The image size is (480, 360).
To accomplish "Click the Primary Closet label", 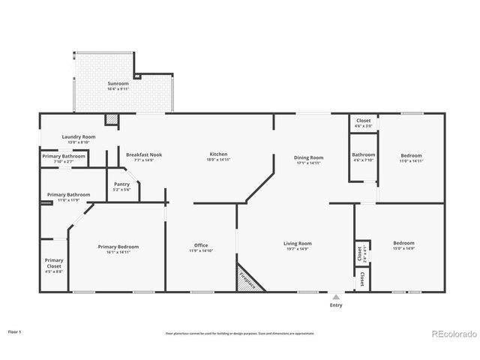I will point(53,262).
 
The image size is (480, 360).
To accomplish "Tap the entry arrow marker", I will point(335,297).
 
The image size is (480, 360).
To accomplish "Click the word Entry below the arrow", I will point(335,305).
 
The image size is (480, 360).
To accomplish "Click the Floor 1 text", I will point(14,331).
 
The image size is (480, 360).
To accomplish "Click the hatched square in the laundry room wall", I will point(111,118).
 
